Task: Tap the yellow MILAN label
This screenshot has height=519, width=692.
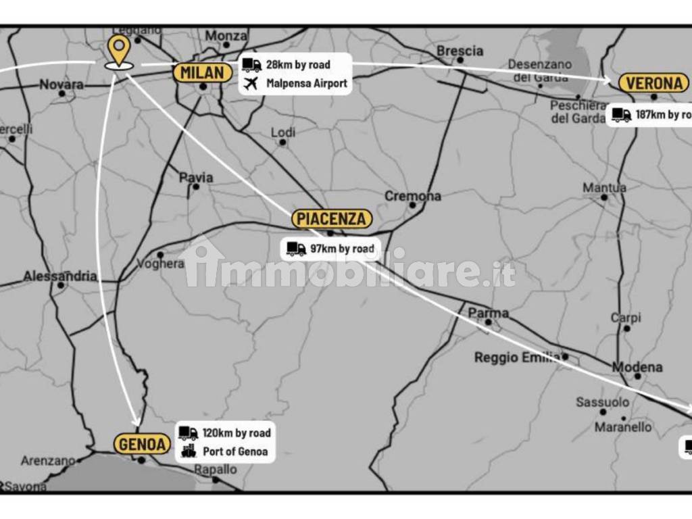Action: [202, 73]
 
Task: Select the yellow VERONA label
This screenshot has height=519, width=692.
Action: [653, 83]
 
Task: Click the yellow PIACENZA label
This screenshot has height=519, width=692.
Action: [332, 219]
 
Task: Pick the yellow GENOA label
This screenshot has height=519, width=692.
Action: [142, 444]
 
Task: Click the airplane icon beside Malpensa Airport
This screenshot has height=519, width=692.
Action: [251, 84]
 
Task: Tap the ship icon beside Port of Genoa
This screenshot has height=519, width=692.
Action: [189, 451]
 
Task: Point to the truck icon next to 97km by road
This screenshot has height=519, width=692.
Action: [296, 249]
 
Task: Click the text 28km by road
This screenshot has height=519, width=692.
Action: [298, 65]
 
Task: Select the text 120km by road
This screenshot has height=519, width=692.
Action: [237, 433]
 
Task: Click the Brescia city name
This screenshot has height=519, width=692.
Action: [460, 51]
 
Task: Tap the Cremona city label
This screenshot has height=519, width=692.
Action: [413, 196]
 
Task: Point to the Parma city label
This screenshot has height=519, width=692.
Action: [488, 313]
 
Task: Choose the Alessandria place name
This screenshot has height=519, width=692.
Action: [60, 276]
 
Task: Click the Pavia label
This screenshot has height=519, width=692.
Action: [196, 177]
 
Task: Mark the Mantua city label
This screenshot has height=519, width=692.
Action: [604, 187]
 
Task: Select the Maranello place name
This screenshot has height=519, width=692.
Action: [623, 427]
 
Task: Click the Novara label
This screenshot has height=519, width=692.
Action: [61, 84]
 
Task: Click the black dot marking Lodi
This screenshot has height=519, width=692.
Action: [282, 143]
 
